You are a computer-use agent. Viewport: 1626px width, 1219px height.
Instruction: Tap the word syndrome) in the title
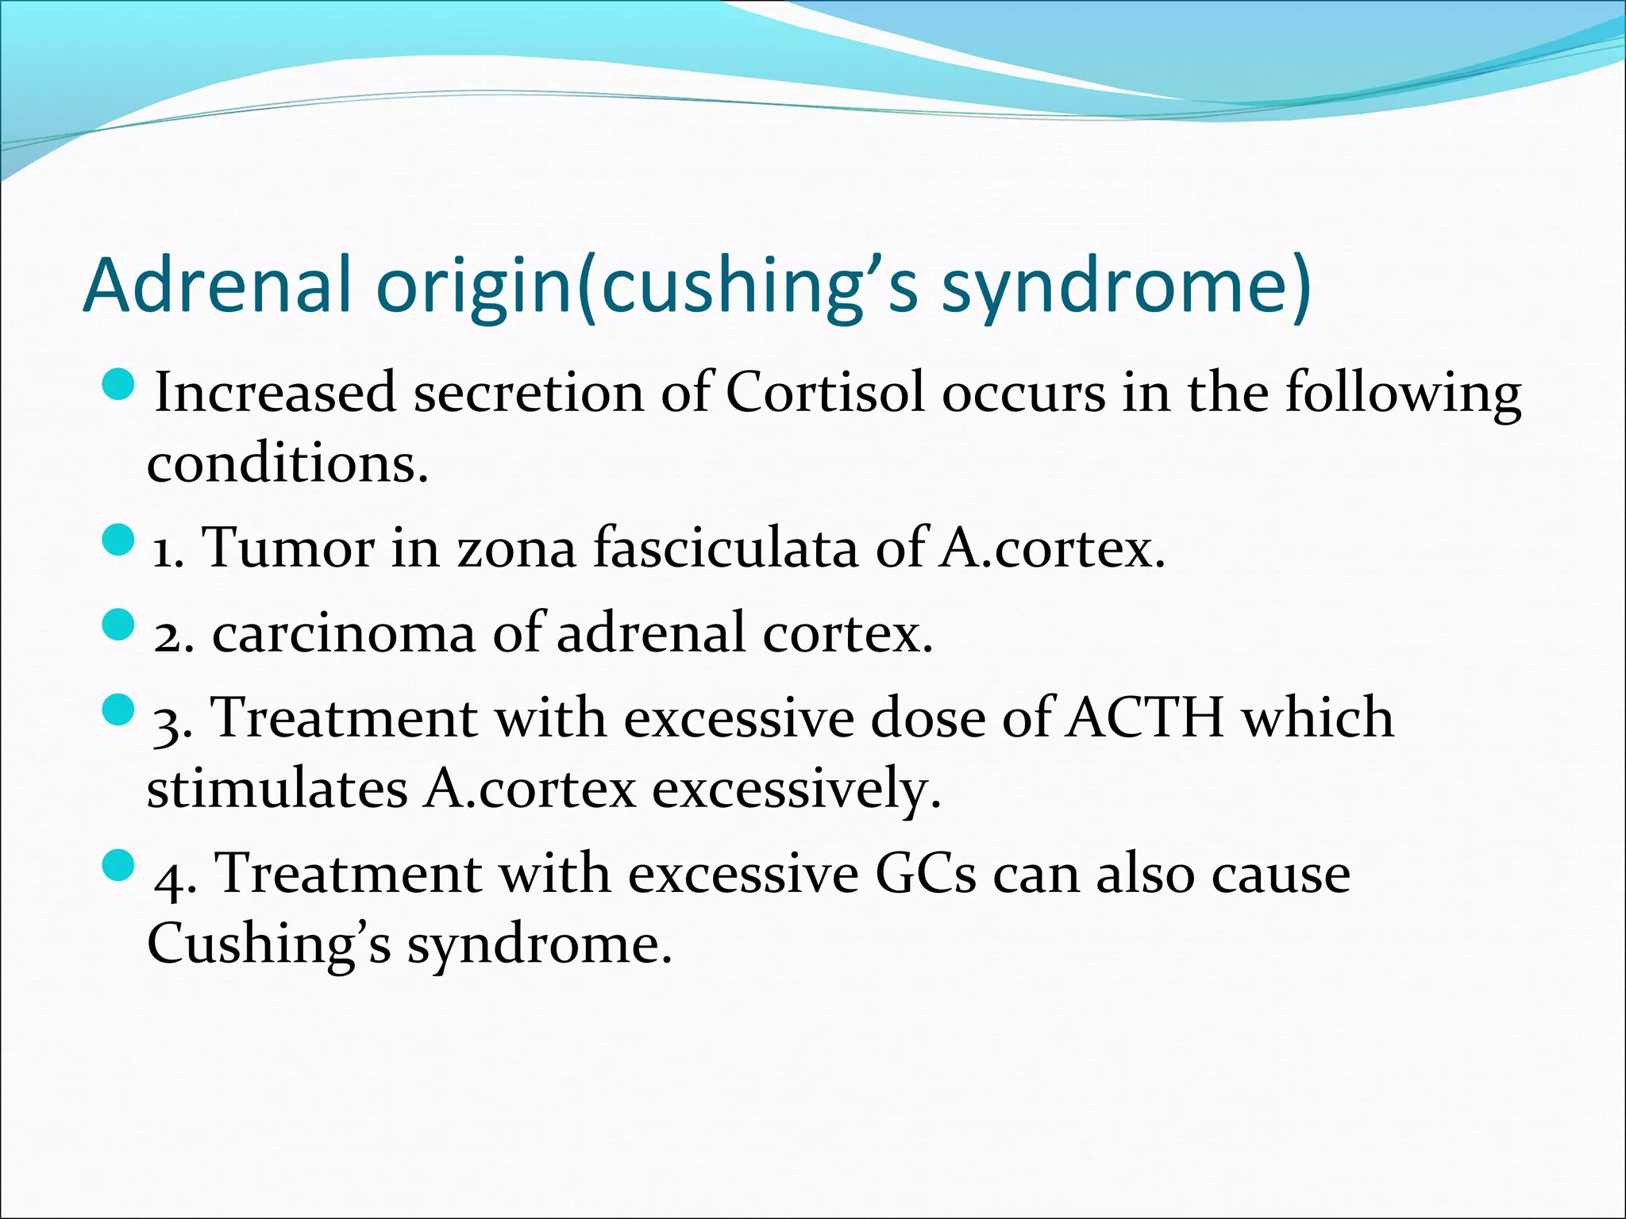click(x=1126, y=287)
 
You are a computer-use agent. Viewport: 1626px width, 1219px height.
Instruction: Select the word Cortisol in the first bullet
click(x=826, y=392)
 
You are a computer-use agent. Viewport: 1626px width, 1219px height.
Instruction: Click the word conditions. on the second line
click(x=287, y=463)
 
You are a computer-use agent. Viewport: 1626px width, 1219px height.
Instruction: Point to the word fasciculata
click(x=726, y=548)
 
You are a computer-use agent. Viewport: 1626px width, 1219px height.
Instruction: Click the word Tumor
click(x=288, y=548)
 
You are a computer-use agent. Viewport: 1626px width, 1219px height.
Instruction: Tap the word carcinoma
click(x=343, y=633)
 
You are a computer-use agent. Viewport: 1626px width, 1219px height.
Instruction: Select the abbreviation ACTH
click(x=1144, y=717)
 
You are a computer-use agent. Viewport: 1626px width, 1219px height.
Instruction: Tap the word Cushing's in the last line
click(x=269, y=944)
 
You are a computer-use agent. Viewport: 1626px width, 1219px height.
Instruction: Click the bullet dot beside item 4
click(x=120, y=866)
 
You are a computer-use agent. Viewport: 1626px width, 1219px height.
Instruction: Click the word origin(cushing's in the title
click(x=647, y=287)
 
